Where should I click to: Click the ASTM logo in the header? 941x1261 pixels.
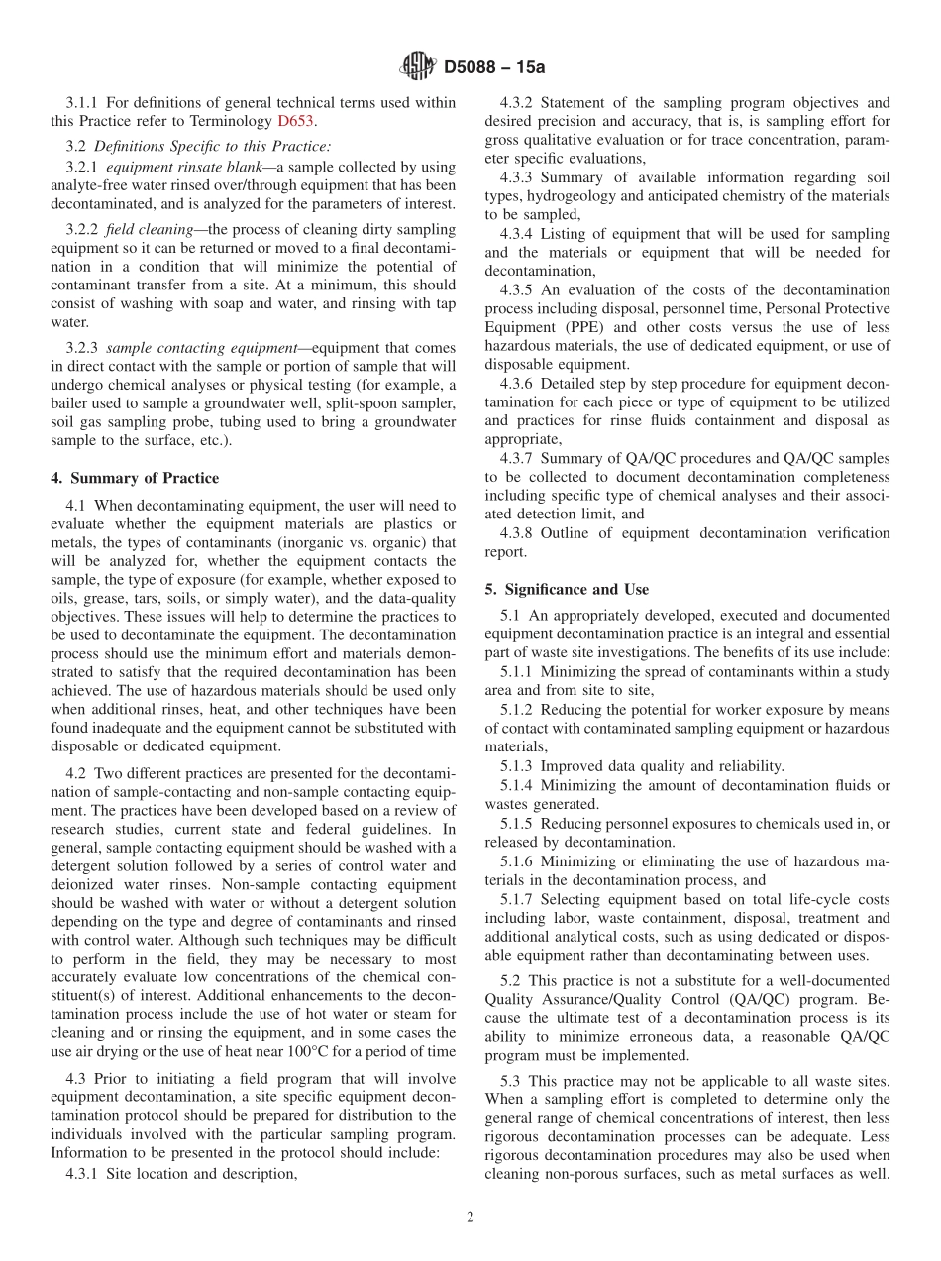[418, 67]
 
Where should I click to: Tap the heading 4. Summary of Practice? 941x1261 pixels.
[135, 478]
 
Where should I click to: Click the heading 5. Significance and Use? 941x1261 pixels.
[567, 589]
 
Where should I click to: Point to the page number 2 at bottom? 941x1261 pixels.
[470, 1217]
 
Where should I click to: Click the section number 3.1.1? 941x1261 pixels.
[83, 102]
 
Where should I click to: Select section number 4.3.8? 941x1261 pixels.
[519, 533]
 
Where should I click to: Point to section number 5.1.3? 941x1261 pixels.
[519, 765]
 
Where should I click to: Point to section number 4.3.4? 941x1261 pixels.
[519, 234]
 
